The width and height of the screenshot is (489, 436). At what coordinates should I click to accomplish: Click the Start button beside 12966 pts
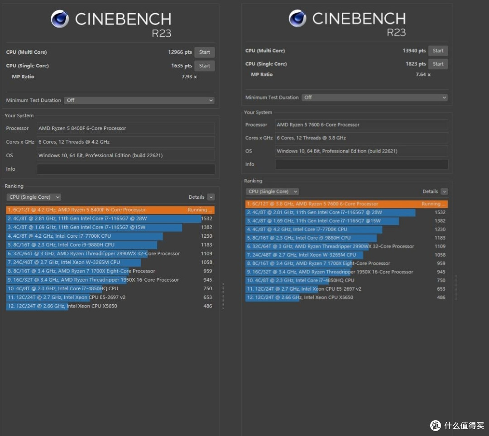[205, 52]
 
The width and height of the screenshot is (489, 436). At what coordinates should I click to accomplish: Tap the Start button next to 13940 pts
[438, 51]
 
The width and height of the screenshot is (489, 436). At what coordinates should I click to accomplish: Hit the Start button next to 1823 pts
[438, 64]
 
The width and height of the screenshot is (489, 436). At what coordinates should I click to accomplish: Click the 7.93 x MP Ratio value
[189, 77]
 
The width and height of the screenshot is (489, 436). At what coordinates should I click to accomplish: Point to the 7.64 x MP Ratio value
[423, 75]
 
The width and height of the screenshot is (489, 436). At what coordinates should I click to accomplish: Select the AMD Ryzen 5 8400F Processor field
[126, 128]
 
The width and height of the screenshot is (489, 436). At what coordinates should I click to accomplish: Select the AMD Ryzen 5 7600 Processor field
[361, 125]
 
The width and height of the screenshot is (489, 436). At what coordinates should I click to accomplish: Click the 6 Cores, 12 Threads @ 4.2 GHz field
[126, 142]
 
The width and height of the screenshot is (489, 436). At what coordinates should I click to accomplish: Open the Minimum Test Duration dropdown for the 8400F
[139, 101]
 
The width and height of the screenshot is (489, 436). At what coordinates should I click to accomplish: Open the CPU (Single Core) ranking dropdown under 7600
[272, 192]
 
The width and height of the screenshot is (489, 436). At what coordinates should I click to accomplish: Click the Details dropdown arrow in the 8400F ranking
[211, 197]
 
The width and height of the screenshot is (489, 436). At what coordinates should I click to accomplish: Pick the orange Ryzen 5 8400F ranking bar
[110, 210]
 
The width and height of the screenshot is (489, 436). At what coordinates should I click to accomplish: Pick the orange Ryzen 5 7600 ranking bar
[346, 204]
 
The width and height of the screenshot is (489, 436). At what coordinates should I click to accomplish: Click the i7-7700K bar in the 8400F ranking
[85, 236]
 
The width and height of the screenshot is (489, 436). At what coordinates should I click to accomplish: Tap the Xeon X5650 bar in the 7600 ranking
[272, 297]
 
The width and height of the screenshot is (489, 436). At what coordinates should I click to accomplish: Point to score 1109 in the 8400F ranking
[206, 254]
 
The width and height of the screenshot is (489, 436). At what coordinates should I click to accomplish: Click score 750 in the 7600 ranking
[441, 280]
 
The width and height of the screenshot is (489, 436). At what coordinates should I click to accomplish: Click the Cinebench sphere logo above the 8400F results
[60, 19]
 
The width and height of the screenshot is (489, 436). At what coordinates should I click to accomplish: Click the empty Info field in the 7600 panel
[361, 164]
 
